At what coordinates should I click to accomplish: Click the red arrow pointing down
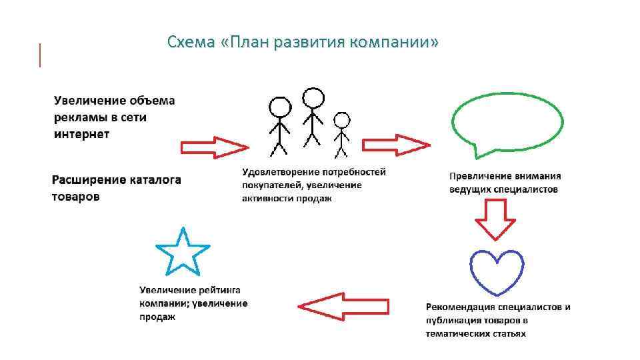(x=495, y=220)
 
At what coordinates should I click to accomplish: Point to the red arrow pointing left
(x=343, y=306)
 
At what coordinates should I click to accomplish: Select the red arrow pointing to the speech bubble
(x=395, y=144)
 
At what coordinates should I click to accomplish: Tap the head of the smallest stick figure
(x=341, y=120)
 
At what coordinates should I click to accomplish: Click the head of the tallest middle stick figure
(x=313, y=99)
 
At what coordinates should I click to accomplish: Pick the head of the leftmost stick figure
(x=279, y=107)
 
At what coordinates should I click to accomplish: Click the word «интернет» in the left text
(x=82, y=134)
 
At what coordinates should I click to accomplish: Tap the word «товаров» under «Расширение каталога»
(x=77, y=197)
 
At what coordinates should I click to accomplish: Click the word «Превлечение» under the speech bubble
(x=480, y=177)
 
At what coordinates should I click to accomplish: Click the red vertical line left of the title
(x=41, y=55)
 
